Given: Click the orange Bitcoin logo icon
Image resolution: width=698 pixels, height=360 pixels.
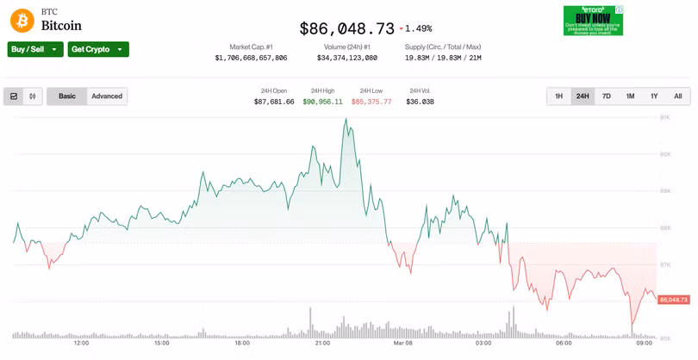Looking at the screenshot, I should [22, 20].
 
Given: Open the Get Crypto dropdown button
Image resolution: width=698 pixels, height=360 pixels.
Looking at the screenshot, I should [98, 49].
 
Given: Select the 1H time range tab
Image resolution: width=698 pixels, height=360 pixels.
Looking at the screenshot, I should [559, 96].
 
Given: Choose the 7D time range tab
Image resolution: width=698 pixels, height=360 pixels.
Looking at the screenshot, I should [607, 96].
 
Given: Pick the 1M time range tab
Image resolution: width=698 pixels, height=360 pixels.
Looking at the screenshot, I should [631, 96].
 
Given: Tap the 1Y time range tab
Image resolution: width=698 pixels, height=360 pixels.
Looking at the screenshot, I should [654, 96].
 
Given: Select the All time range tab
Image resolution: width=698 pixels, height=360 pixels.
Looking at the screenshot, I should [678, 96].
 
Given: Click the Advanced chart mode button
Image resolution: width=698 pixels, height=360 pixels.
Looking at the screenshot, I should [107, 96].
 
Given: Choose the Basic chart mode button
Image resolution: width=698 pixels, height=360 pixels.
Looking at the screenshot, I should [67, 96].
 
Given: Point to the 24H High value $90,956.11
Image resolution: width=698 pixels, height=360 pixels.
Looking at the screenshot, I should [322, 102].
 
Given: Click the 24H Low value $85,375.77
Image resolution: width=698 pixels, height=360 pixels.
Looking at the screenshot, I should [371, 102].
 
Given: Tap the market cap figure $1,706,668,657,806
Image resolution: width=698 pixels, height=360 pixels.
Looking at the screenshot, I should [251, 58].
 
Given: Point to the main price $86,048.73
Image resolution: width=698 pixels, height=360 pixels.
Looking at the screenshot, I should [346, 28].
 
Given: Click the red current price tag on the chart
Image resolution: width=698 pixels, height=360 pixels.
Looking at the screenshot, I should [673, 300].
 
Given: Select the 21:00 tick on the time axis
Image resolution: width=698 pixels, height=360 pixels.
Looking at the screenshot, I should [322, 343].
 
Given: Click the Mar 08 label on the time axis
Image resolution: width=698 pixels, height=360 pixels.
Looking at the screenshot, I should [403, 343].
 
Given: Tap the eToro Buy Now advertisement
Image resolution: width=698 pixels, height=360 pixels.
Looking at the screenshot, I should [593, 20].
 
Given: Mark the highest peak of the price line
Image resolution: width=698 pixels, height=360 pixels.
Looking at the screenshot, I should [346, 120].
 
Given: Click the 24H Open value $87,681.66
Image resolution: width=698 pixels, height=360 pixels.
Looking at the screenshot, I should [274, 102].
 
